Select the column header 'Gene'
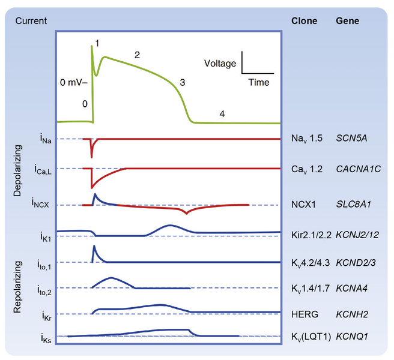tap(347, 20)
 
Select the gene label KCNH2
tap(349, 313)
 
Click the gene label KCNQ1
tap(350, 337)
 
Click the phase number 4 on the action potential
tap(222, 114)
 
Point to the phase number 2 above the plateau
tap(137, 55)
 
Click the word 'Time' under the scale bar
tap(258, 82)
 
